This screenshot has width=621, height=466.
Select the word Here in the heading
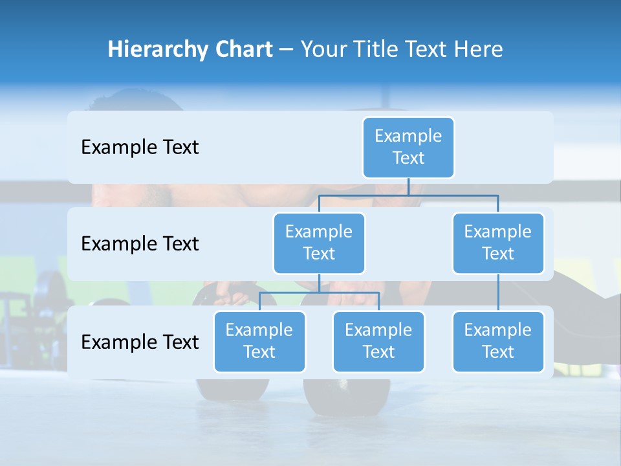click(x=477, y=50)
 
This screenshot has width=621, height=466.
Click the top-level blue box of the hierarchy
click(x=408, y=147)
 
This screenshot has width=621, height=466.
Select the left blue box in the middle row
click(x=319, y=243)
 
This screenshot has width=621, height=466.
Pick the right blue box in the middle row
click(x=498, y=243)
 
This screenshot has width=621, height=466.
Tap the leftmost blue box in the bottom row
click(x=259, y=341)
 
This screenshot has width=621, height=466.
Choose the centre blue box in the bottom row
click(x=378, y=341)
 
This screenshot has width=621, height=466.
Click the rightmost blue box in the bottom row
click(x=498, y=341)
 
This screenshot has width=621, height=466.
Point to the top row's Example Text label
click(x=140, y=148)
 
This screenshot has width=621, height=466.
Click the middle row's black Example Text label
click(x=140, y=244)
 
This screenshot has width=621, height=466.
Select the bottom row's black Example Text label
click(x=140, y=342)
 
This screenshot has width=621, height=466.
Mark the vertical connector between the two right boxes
click(x=498, y=293)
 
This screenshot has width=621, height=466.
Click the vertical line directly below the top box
click(x=408, y=186)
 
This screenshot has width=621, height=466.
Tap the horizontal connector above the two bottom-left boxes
click(x=319, y=293)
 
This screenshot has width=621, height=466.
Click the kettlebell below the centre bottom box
click(x=347, y=395)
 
